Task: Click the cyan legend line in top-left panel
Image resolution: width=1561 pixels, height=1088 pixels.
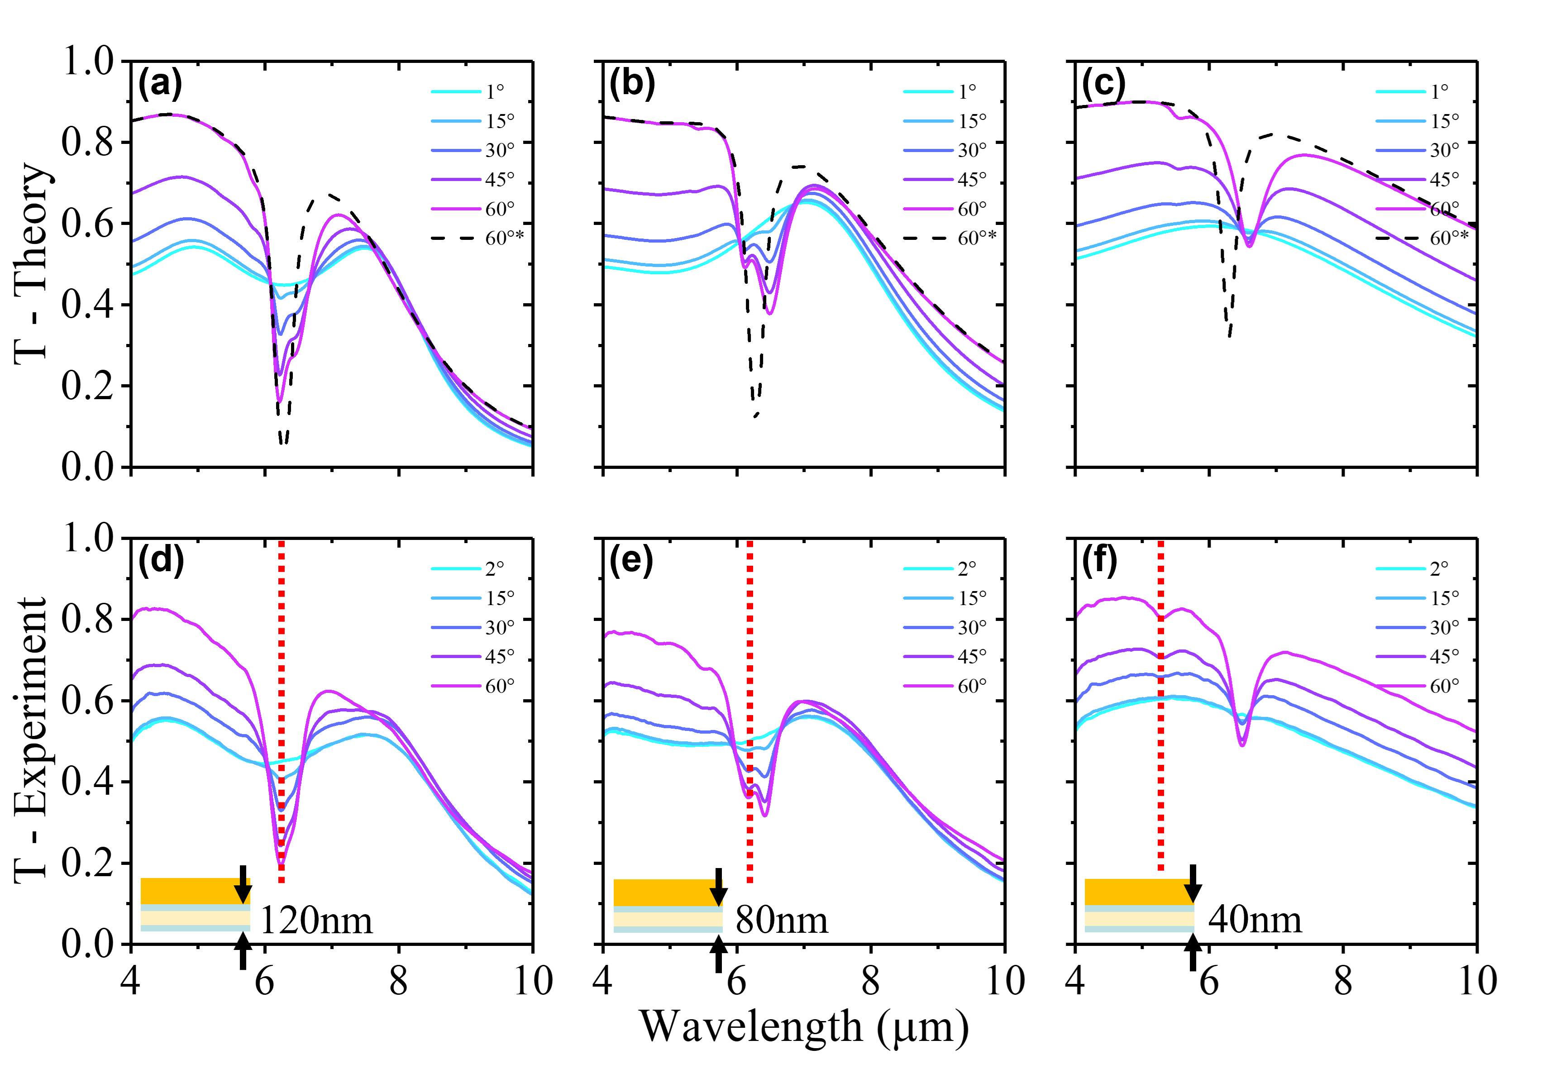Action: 456,91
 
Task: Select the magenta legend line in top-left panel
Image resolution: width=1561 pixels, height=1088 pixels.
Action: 456,209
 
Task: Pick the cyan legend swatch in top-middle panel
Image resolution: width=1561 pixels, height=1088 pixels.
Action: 928,91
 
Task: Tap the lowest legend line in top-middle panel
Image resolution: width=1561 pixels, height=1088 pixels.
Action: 928,209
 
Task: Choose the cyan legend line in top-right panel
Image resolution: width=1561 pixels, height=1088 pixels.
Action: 1400,91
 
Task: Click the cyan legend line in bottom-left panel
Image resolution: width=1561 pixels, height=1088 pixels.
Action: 456,568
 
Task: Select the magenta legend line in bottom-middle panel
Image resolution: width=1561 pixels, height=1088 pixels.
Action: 928,686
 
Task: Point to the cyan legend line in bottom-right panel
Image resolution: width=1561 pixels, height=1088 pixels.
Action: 1400,568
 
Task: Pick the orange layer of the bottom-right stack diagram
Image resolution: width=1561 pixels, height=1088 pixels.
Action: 1132,892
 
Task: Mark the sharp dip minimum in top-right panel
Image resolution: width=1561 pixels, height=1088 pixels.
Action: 1249,245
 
